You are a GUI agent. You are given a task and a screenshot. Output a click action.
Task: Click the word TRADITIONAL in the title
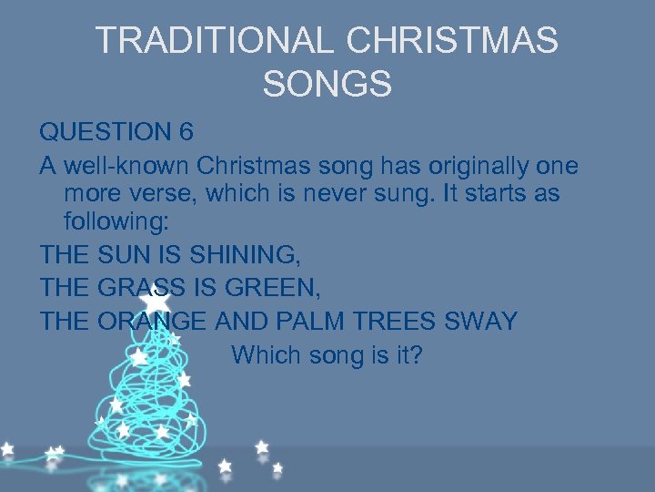tap(215, 41)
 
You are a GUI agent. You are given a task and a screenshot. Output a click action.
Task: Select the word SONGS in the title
tap(327, 85)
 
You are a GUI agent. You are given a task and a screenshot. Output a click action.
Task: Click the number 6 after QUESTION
tap(186, 132)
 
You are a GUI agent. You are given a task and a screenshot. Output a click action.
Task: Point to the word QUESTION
tap(105, 132)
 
